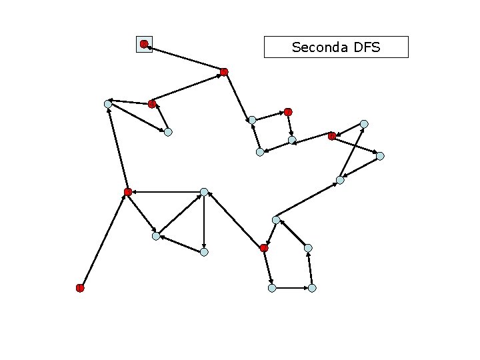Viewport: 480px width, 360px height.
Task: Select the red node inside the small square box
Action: pyautogui.click(x=144, y=44)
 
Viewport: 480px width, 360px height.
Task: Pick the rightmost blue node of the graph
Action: pyautogui.click(x=380, y=156)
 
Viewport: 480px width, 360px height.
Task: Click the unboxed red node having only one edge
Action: pyautogui.click(x=80, y=288)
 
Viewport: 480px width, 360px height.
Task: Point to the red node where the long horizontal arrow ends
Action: pyautogui.click(x=128, y=192)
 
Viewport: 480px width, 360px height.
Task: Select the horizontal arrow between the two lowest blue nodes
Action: pyautogui.click(x=292, y=288)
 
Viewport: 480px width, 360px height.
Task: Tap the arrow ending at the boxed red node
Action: pyautogui.click(x=184, y=58)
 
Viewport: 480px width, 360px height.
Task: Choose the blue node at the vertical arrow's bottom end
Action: pyautogui.click(x=204, y=252)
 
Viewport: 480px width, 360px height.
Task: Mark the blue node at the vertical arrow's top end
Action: pyautogui.click(x=204, y=192)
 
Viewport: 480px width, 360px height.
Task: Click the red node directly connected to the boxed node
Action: pyautogui.click(x=224, y=71)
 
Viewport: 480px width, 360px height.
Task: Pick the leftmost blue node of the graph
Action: pyautogui.click(x=108, y=103)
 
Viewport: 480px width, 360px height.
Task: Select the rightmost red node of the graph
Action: pyautogui.click(x=332, y=136)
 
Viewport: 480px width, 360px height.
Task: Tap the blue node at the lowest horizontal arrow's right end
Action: pyautogui.click(x=312, y=288)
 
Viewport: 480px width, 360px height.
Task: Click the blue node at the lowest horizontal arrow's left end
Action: pyautogui.click(x=272, y=288)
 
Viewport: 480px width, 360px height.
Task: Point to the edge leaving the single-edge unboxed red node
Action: pyautogui.click(x=104, y=240)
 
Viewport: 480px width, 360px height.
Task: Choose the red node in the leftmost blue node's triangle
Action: pyautogui.click(x=152, y=103)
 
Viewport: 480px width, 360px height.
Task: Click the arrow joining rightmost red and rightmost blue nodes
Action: pyautogui.click(x=356, y=146)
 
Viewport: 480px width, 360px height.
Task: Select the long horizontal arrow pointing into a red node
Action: pyautogui.click(x=166, y=192)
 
